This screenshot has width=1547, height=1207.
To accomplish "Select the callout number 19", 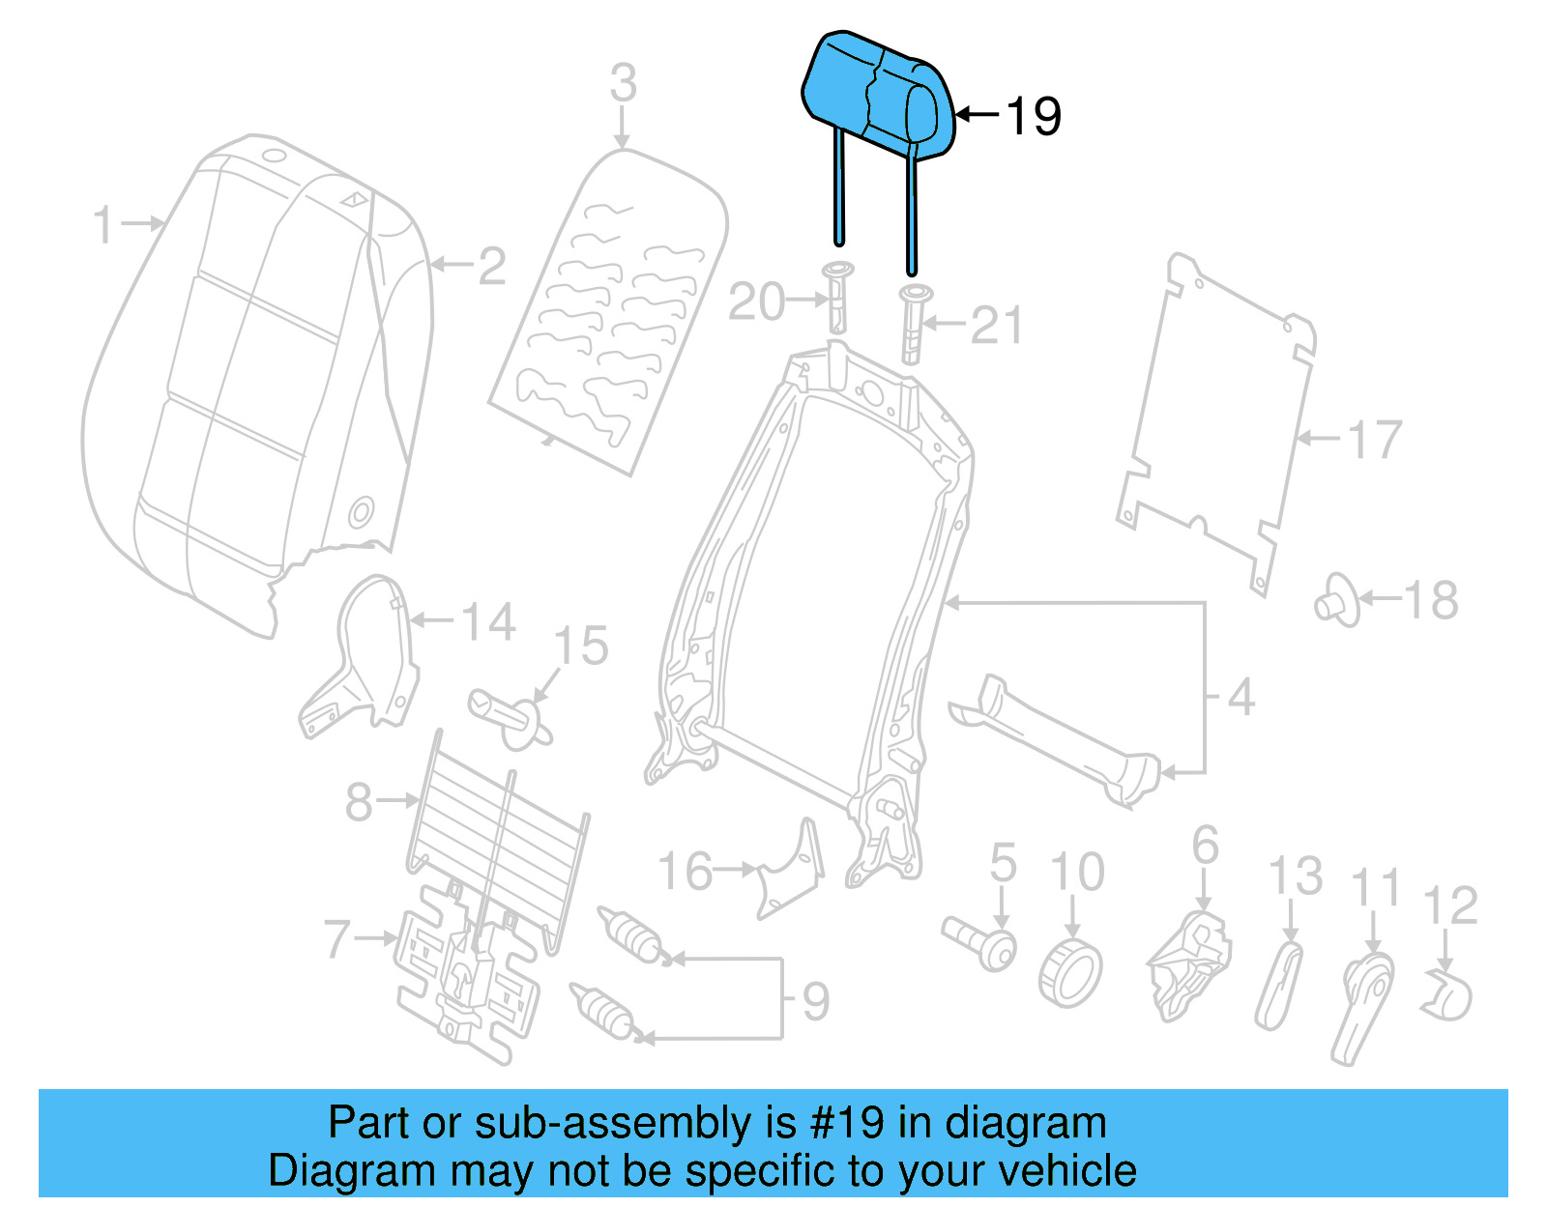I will click(1034, 116).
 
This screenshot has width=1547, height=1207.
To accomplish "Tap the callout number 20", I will click(756, 302).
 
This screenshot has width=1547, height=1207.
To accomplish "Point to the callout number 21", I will click(996, 326).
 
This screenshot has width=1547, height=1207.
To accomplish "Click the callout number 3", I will click(624, 83).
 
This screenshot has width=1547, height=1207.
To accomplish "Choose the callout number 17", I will click(1374, 440).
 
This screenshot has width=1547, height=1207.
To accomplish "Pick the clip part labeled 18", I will click(1336, 601).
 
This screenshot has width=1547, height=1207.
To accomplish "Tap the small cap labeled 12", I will click(1447, 995).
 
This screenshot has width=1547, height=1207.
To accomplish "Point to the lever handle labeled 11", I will click(1363, 1005).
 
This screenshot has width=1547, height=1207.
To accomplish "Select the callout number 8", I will click(359, 801).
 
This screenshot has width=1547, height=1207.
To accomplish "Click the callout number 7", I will click(336, 938).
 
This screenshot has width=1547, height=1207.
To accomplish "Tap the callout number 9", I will click(816, 1001).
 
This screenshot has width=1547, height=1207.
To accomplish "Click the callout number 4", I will click(1241, 697).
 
